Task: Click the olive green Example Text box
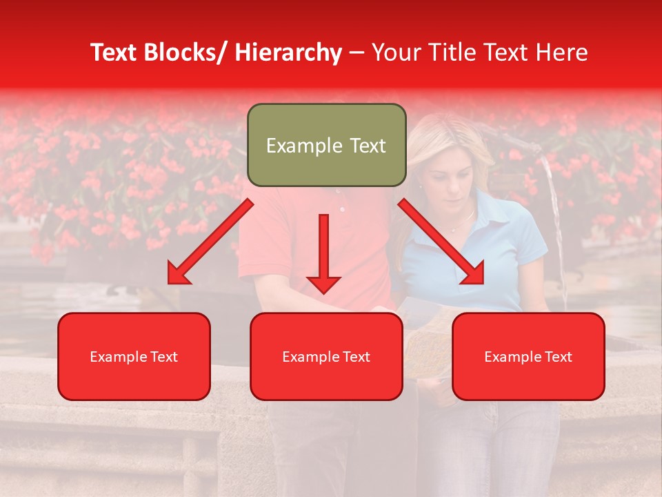click(326, 145)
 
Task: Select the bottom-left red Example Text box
click(134, 356)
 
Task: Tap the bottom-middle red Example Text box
click(326, 356)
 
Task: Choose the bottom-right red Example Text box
click(528, 356)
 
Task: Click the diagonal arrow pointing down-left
click(210, 242)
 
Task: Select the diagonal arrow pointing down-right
click(441, 242)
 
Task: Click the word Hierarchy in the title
click(288, 52)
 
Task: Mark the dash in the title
click(357, 52)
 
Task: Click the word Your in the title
click(394, 52)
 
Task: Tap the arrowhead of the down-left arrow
click(178, 273)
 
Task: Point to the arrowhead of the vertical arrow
click(323, 284)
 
